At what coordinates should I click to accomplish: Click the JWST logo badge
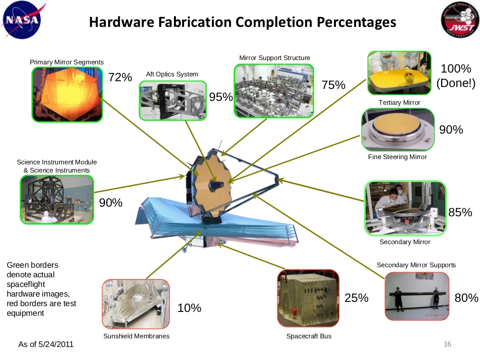point(460,20)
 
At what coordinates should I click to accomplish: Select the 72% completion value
point(120,77)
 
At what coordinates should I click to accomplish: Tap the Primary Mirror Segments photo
point(67,94)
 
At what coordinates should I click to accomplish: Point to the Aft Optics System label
point(172,74)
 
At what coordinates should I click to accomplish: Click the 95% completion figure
point(221,97)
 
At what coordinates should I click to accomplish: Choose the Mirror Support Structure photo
point(274,91)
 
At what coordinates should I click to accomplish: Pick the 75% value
point(333,85)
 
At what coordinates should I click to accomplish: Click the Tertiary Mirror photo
point(399,73)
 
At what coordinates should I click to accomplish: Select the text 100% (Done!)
point(456,75)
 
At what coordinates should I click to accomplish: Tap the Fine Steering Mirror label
point(397,157)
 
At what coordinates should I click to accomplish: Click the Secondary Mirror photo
point(406,208)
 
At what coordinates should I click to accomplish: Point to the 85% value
point(460,212)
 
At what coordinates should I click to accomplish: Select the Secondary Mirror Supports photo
point(417,296)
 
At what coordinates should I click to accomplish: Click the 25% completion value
point(357,298)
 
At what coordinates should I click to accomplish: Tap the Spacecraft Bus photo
point(308,298)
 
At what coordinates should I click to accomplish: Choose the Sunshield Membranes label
point(136,336)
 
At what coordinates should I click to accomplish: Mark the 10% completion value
point(189,308)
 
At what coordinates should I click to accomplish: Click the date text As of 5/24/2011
point(46,345)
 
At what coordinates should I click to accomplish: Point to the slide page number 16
point(447,344)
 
